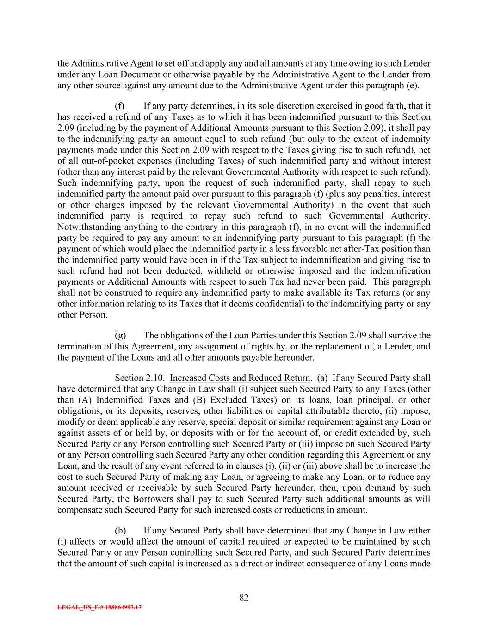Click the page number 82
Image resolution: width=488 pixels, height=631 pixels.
click(244, 598)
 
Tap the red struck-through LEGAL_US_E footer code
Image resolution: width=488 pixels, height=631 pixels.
click(99, 608)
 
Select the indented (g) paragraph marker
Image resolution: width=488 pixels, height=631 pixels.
click(120, 335)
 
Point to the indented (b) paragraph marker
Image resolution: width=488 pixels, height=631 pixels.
click(120, 530)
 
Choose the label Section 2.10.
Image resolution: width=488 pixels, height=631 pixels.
click(137, 378)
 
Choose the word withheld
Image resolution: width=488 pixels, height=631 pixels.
click(224, 271)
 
